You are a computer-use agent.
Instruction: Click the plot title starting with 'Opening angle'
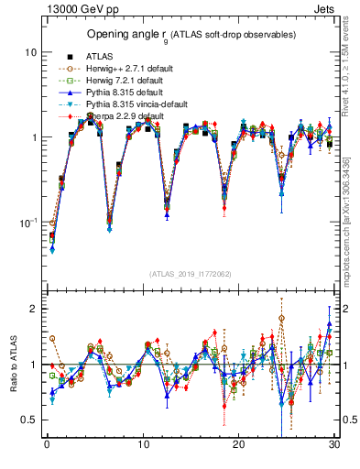(191, 35)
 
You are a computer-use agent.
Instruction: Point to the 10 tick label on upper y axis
(29, 52)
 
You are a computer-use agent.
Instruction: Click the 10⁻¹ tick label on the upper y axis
(27, 223)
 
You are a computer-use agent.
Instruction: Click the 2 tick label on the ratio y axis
(33, 309)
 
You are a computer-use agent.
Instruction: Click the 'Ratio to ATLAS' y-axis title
(12, 366)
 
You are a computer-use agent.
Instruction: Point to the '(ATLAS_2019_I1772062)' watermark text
(190, 273)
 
